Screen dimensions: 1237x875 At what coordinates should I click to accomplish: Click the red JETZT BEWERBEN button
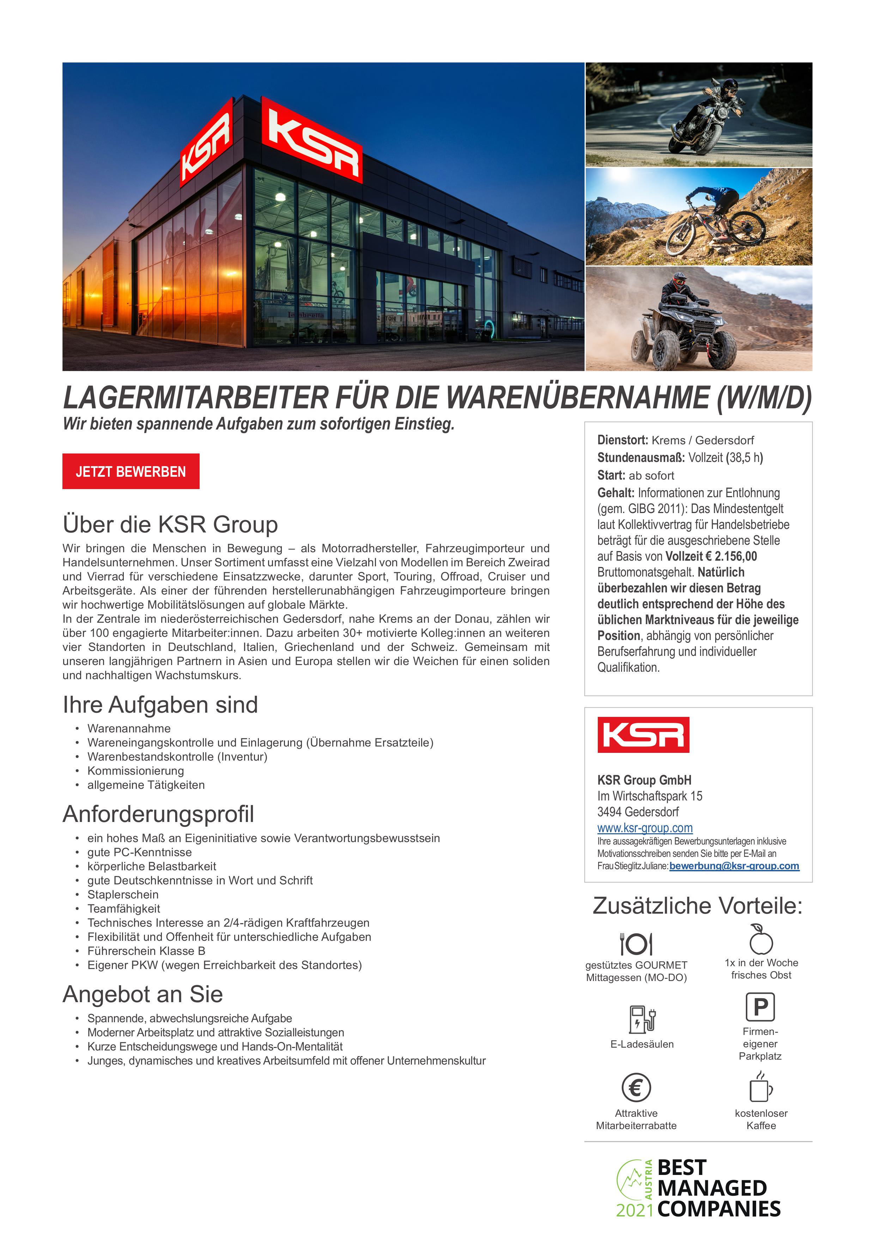click(x=130, y=471)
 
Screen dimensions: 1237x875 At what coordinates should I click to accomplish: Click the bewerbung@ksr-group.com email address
click(x=734, y=866)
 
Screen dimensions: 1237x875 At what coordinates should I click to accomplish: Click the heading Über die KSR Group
click(x=170, y=524)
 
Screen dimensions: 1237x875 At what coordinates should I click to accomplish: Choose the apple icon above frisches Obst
click(x=761, y=940)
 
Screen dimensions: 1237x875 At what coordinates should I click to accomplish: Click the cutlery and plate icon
click(x=636, y=944)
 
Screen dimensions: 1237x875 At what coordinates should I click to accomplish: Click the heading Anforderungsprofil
click(x=158, y=814)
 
